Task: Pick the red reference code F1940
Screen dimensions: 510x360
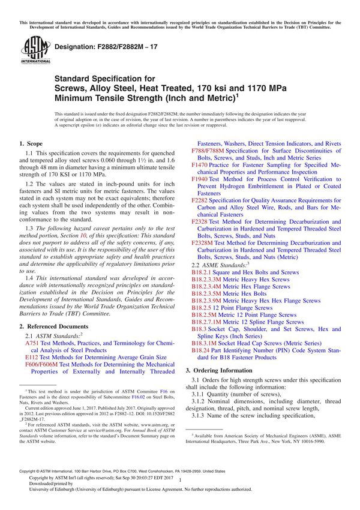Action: tap(199, 179)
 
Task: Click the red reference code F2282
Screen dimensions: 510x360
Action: tap(199, 200)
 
